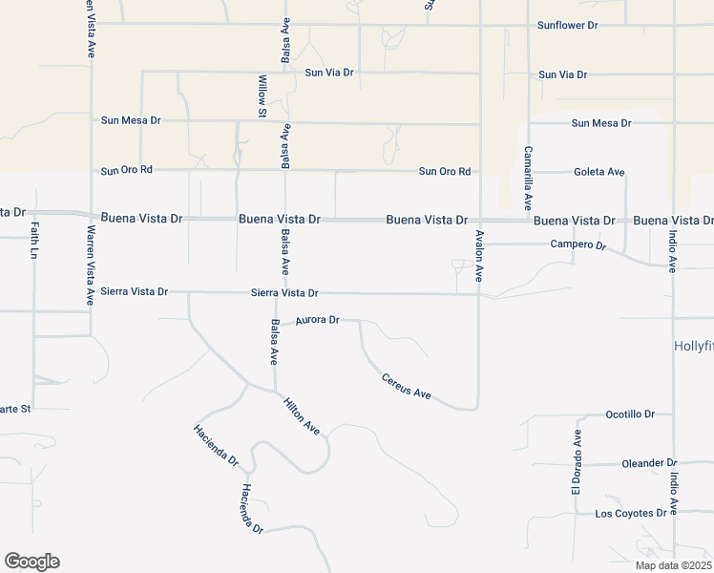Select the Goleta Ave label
coord(599,172)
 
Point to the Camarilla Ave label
coord(527,178)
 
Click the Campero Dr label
coord(578,245)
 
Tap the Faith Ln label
coord(35,244)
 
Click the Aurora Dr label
coord(318,321)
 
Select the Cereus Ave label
coord(407,386)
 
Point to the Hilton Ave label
coord(301,416)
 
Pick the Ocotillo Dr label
coord(631,414)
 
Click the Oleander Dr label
coord(649,463)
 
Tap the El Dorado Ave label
coord(577,461)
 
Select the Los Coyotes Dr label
coord(630,514)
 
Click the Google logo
coord(31,562)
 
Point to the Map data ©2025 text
coord(673,565)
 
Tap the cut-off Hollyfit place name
coord(693,345)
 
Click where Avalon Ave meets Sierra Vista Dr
coord(479,294)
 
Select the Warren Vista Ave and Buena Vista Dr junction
coord(91,216)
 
